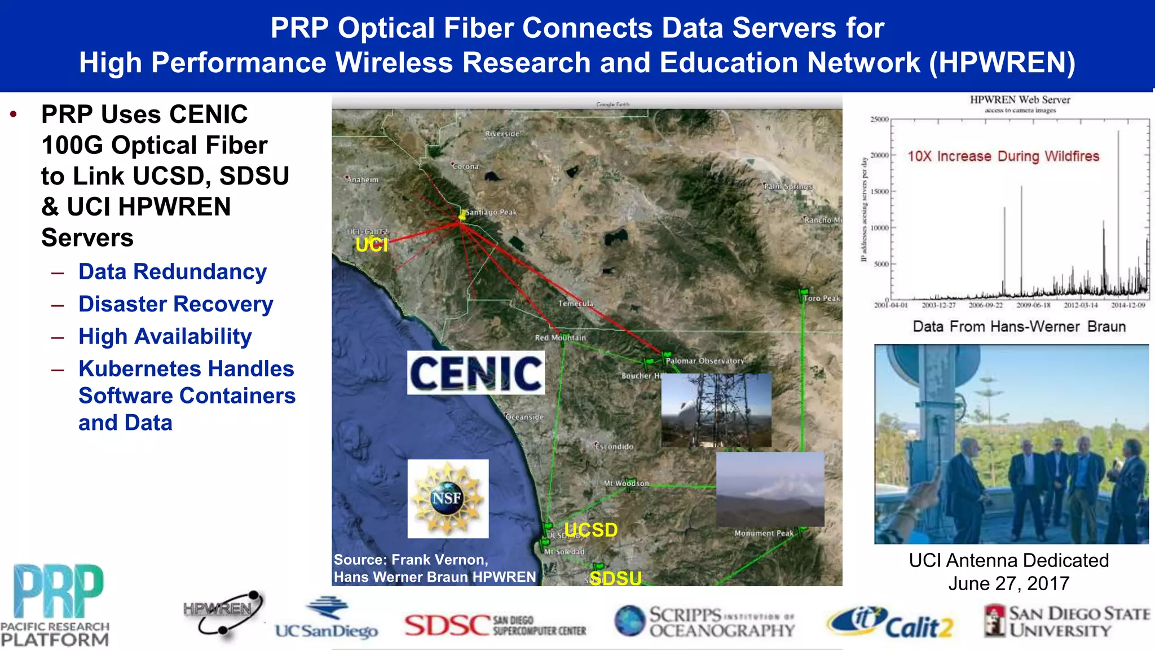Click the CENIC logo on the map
[x=476, y=373]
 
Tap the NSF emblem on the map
[x=448, y=498]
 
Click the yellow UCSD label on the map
[x=591, y=530]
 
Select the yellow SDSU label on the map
[x=615, y=578]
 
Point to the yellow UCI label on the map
[x=372, y=245]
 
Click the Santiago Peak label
[x=491, y=212]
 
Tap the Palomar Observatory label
[x=704, y=361]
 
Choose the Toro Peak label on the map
[x=822, y=298]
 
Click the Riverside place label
[x=502, y=134]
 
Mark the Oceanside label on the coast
[x=524, y=417]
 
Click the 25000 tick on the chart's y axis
[x=879, y=120]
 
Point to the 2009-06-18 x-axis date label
[x=1033, y=305]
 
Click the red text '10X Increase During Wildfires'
[x=1003, y=156]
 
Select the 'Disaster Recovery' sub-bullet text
[x=175, y=304]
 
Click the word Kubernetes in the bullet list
[x=149, y=369]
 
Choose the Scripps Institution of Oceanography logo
[x=704, y=622]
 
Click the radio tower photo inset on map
[x=716, y=410]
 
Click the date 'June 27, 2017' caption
[x=1008, y=583]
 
